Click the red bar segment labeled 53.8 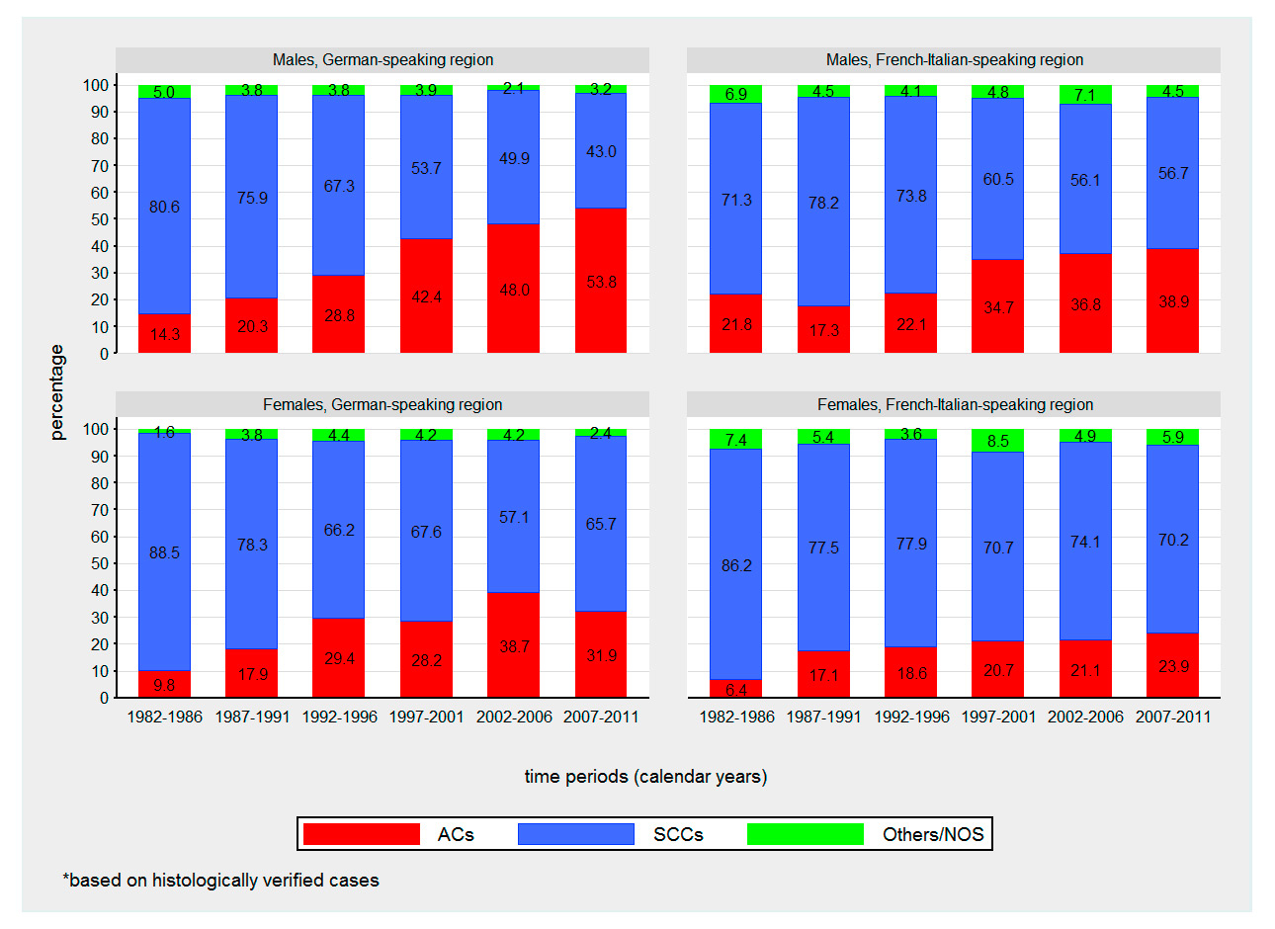601,281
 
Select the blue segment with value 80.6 164,206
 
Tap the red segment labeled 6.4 736,688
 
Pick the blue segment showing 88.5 164,551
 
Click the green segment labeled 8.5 998,441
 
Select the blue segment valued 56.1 1085,179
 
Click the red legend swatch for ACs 362,834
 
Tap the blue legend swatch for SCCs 575,834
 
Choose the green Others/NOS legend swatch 806,834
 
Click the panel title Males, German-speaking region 382,60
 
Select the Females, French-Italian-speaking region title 955,404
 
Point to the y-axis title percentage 57,392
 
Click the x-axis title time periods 645,776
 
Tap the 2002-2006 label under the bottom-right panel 1085,717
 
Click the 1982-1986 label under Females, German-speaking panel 164,717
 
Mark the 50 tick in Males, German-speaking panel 100,219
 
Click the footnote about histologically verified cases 220,880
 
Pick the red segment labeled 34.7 998,306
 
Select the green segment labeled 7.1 1085,94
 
